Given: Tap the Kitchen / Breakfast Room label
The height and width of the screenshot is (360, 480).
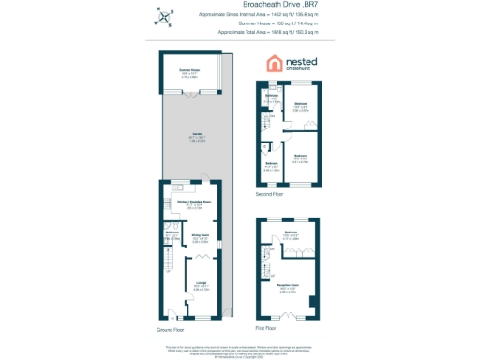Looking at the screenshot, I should click(193, 201).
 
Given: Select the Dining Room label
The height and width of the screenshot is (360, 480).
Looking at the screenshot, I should click(200, 235).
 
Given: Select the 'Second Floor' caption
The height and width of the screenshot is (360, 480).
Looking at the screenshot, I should click(270, 194).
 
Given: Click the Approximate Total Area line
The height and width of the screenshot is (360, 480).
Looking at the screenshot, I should click(265, 31).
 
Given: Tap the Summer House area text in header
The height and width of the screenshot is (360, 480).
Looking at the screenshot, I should click(265, 22).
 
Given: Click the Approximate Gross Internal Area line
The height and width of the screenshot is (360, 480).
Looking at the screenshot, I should click(265, 14).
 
